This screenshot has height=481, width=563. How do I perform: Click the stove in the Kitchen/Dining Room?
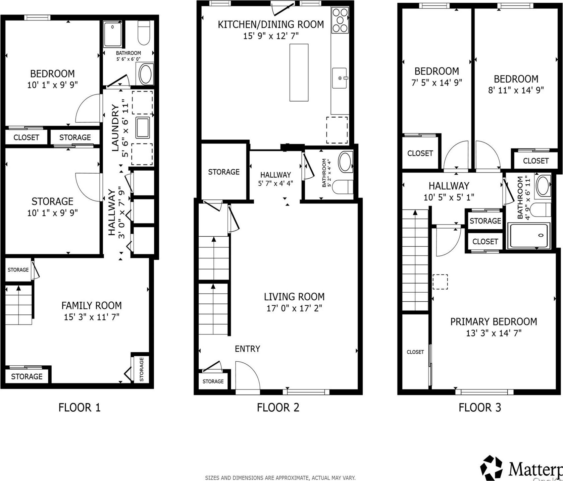point(340,20)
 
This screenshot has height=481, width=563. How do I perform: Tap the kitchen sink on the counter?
point(340,78)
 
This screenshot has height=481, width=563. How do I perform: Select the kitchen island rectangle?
point(299,72)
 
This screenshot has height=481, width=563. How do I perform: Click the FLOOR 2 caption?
point(278,408)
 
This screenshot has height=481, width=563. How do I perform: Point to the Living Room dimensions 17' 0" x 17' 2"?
point(294,308)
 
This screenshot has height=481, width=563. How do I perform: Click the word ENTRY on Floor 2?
point(247,349)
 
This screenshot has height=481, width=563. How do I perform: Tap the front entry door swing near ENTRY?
point(247,375)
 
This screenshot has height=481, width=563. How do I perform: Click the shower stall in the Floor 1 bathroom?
point(113,34)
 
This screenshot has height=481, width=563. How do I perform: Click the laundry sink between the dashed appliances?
point(143,127)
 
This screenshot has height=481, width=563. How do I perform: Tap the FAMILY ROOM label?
point(91,305)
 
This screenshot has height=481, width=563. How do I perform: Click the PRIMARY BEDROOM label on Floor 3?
point(493,322)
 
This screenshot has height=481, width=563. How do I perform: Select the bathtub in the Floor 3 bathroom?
point(528,236)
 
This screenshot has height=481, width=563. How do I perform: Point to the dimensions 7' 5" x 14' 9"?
point(437,82)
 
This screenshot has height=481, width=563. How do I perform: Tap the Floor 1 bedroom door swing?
point(88,109)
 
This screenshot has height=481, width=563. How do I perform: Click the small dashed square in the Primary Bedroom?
point(440,282)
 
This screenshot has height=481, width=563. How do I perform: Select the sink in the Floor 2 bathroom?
point(345,162)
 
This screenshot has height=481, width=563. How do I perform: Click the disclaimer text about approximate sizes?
point(280,478)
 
